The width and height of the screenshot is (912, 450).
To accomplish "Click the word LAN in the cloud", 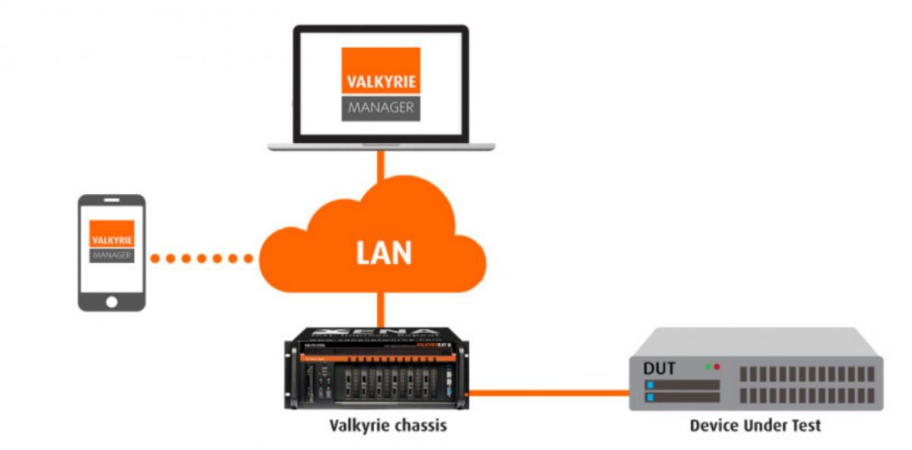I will pyautogui.click(x=384, y=252).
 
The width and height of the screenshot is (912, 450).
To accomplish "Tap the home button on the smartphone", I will pyautogui.click(x=112, y=302).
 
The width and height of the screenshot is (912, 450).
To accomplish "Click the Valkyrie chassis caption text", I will pyautogui.click(x=388, y=425).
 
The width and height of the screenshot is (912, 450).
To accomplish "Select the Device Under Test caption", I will pyautogui.click(x=755, y=425).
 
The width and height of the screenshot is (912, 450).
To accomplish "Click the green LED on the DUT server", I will pyautogui.click(x=708, y=366).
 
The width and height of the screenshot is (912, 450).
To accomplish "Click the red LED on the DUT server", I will pyautogui.click(x=717, y=366).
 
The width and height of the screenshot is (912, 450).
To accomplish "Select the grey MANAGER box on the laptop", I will pyautogui.click(x=381, y=108).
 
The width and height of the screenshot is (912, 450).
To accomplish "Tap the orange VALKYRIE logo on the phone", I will pyautogui.click(x=112, y=233).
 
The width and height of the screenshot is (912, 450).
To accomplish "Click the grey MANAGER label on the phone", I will pyautogui.click(x=112, y=255).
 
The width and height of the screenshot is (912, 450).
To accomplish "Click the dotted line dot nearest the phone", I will pyautogui.click(x=155, y=258).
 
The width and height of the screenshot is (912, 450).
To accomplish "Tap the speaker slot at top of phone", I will pyautogui.click(x=112, y=201).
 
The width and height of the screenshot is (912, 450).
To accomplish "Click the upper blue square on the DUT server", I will pyautogui.click(x=650, y=385).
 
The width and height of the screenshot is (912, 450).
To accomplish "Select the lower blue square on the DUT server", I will pyautogui.click(x=650, y=397).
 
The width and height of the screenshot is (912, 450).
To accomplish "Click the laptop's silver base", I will pyautogui.click(x=381, y=146).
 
